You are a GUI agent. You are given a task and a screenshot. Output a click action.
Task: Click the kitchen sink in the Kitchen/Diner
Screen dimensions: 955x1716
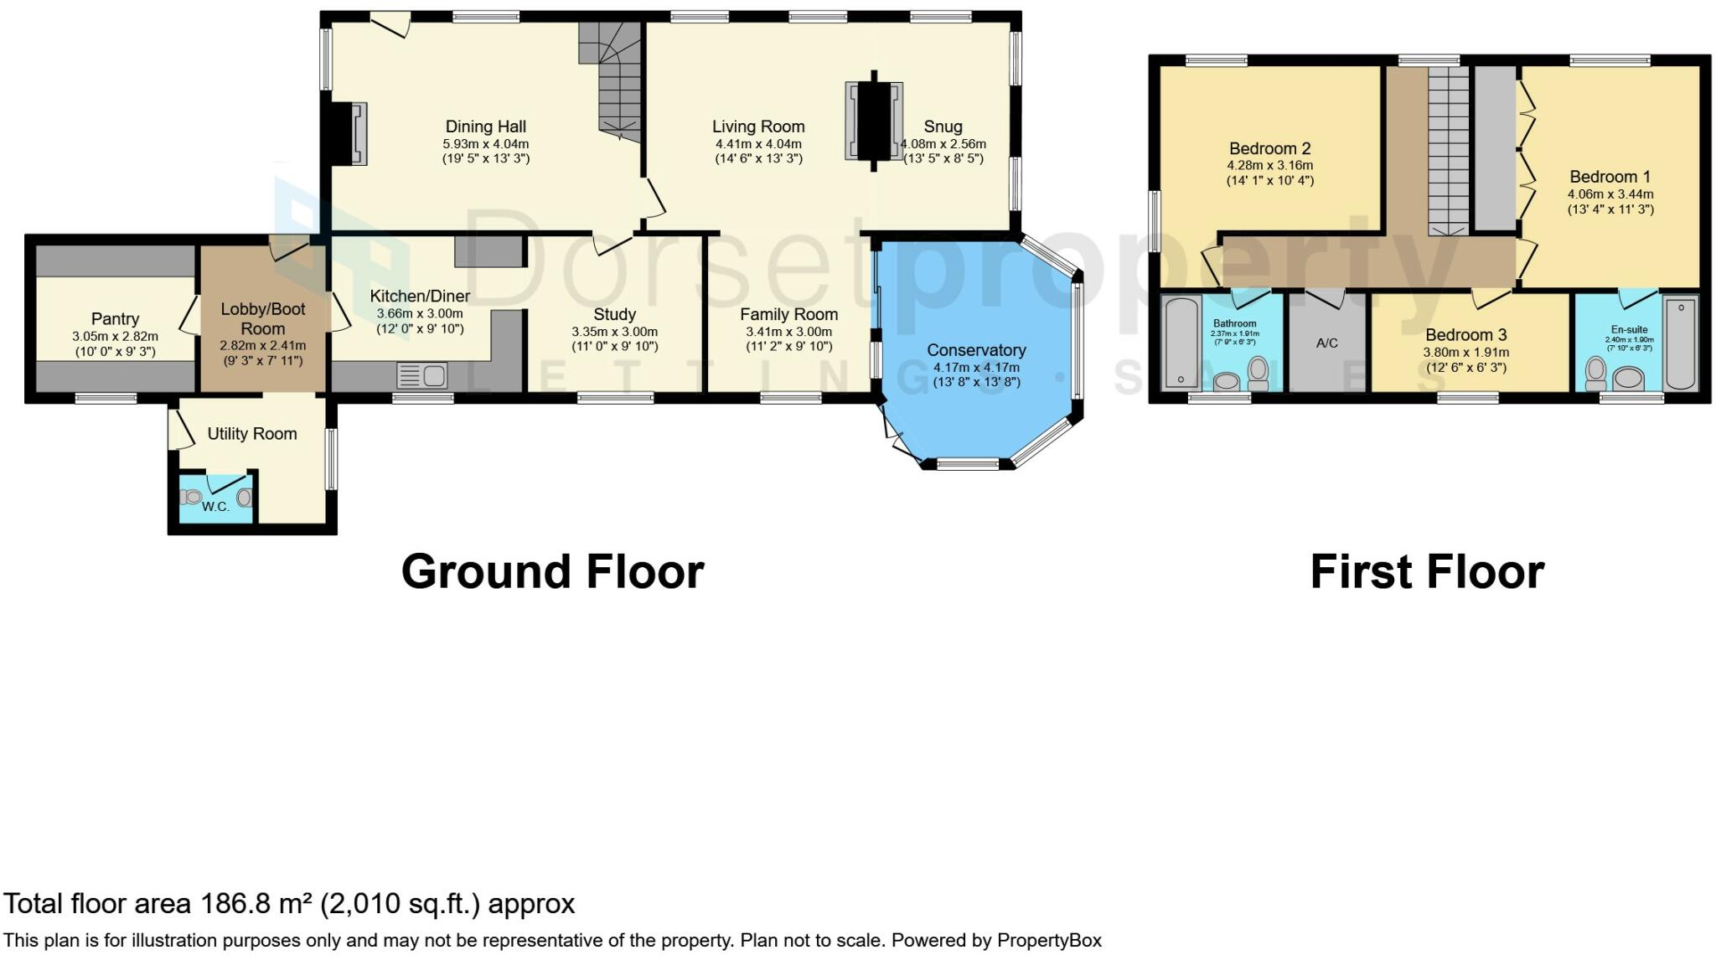coord(422,375)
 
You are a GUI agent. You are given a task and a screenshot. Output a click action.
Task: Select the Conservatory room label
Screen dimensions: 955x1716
coord(976,350)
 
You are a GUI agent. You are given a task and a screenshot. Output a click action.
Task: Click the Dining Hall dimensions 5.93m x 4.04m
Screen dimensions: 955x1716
coord(485,143)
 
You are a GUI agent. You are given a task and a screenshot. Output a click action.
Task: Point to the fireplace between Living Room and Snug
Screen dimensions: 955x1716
coord(874,121)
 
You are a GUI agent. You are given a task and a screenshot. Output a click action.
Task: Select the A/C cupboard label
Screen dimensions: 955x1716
coord(1327,343)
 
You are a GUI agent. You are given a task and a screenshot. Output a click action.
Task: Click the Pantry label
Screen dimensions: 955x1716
coord(115,319)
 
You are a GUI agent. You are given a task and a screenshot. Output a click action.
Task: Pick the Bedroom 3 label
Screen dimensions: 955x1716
coord(1466,335)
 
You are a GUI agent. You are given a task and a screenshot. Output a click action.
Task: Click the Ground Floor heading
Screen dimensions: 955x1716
coord(552,572)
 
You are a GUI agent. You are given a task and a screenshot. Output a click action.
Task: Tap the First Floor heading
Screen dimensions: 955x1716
coord(1426,572)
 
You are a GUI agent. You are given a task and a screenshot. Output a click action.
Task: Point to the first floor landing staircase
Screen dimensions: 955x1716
coord(1448,151)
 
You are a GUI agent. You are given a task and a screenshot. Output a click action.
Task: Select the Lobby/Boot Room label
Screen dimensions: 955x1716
coord(262,318)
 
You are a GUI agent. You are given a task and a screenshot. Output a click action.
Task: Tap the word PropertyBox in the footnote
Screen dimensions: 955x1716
coord(1048,940)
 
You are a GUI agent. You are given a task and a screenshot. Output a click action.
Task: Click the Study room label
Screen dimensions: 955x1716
coord(614,315)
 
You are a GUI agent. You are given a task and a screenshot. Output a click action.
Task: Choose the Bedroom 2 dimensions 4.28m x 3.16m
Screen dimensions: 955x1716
coord(1269,165)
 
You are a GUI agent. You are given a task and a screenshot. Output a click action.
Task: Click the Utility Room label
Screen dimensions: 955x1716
coord(251,434)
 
